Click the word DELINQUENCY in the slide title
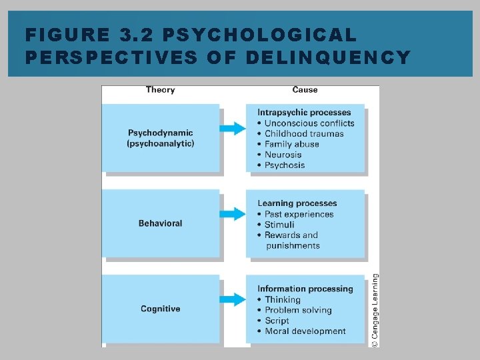click(328, 57)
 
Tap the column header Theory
click(160, 90)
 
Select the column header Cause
click(305, 90)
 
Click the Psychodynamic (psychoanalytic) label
click(161, 138)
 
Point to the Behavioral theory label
click(160, 223)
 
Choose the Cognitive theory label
click(160, 309)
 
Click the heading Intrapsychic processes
click(304, 113)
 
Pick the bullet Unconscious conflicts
click(309, 123)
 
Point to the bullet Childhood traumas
click(304, 134)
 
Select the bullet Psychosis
click(285, 165)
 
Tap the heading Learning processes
click(297, 203)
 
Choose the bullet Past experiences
click(299, 214)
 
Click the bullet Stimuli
click(279, 225)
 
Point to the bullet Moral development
click(305, 331)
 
